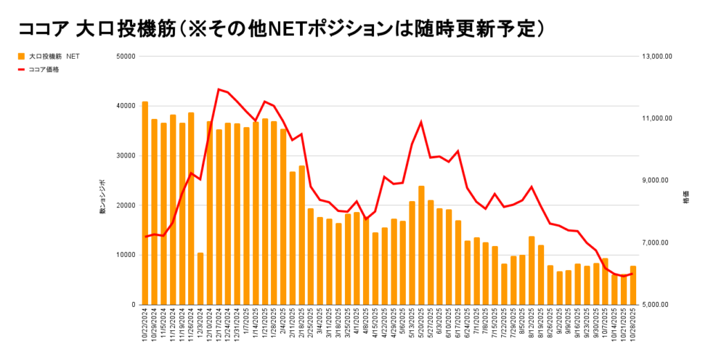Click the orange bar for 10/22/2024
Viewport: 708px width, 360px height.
[145, 203]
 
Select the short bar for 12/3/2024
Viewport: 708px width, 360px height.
[200, 278]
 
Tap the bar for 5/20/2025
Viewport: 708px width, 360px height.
[421, 245]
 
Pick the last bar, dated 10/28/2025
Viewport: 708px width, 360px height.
[633, 285]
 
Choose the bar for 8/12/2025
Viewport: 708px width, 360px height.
[532, 270]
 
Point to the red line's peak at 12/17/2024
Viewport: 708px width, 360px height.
[218, 89]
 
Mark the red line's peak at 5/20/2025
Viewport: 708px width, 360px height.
[421, 122]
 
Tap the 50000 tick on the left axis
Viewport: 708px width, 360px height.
[126, 56]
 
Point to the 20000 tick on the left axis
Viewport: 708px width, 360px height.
[126, 205]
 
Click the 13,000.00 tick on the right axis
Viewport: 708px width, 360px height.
[657, 56]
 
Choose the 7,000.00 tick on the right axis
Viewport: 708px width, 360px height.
[657, 243]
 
